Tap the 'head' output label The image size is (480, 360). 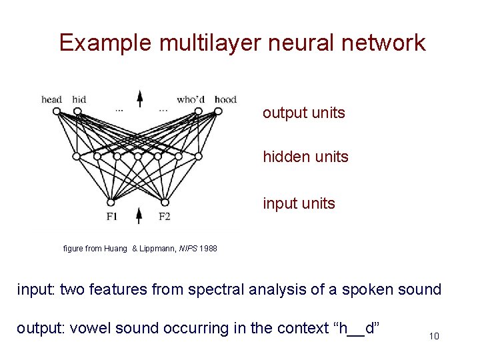point(51,100)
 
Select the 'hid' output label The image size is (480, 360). point(79,100)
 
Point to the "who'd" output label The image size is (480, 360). point(191,100)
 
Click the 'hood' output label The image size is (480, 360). point(225,100)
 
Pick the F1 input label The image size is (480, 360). point(112,216)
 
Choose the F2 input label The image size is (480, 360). point(165,216)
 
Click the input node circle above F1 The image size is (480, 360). point(111,203)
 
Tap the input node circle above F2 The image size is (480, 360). point(165,203)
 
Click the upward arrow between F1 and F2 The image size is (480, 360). point(139,215)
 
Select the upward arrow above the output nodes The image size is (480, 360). point(139,98)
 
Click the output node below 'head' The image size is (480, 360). point(56,111)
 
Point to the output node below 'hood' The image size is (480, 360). point(218,111)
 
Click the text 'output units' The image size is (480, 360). point(303,113)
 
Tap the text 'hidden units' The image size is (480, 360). point(305,157)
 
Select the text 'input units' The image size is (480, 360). point(299,203)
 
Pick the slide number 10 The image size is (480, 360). point(434,336)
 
